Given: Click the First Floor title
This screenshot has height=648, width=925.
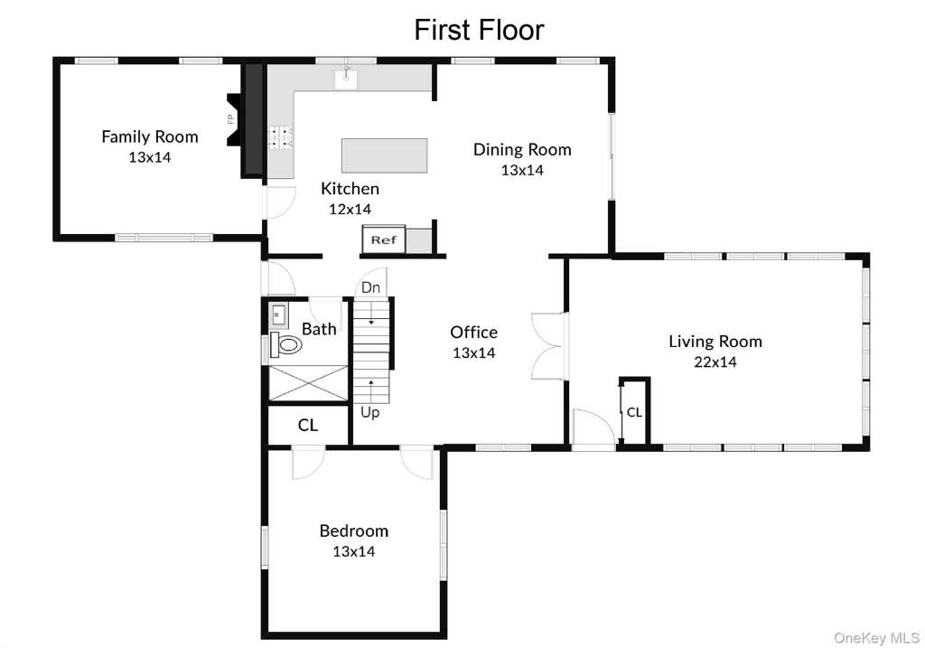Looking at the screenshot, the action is [479, 30].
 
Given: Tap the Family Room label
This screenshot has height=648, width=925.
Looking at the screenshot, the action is [150, 136].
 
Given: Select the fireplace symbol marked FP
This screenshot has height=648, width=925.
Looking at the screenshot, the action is [234, 119].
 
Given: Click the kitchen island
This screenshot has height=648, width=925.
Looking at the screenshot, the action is [384, 155].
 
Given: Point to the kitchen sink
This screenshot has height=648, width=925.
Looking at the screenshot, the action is [346, 79].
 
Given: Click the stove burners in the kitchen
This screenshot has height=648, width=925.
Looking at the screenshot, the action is [281, 137].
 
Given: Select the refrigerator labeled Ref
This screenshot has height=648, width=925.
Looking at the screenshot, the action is [383, 239].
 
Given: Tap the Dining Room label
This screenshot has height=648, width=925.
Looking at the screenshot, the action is [522, 149].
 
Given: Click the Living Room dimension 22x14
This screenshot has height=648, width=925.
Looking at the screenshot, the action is [715, 362].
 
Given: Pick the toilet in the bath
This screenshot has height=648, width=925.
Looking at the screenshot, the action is [286, 344].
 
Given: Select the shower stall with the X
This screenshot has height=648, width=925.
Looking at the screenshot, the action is [309, 383].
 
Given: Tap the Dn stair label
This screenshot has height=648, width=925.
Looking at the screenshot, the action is [370, 287].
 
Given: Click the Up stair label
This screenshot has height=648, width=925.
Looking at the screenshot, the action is [369, 412].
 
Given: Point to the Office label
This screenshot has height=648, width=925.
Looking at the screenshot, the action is [473, 333].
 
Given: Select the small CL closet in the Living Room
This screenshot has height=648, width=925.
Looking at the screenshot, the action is [634, 410].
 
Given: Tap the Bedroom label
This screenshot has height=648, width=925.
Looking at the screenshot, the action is [354, 531].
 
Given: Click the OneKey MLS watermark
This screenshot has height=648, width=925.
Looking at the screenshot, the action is [876, 638].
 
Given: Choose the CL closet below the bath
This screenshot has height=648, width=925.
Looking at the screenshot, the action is [308, 425].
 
